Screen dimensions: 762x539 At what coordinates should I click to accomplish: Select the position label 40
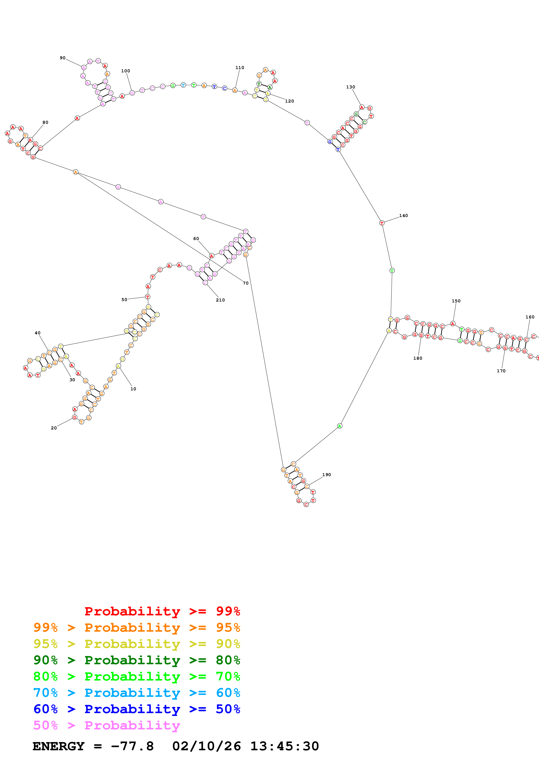(38, 333)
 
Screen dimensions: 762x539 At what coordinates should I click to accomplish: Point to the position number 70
(245, 283)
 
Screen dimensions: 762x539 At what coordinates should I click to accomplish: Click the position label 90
(62, 58)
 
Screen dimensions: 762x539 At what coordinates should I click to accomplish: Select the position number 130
(350, 87)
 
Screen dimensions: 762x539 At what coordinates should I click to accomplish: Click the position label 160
(530, 317)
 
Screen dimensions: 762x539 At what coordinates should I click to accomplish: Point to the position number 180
(417, 358)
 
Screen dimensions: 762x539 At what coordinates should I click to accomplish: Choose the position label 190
(326, 475)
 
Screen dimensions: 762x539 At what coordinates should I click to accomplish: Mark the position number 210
(220, 300)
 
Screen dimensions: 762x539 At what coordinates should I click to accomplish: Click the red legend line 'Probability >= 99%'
(162, 611)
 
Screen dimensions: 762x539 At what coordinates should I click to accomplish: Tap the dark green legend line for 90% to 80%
(137, 660)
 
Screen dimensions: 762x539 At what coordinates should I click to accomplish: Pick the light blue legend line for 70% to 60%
(137, 693)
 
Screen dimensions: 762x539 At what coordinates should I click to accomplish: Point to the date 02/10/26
(206, 746)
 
